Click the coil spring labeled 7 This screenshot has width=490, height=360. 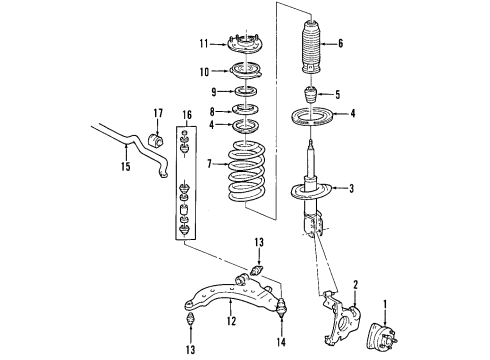[x=246, y=172]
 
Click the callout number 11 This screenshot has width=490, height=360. [x=204, y=44]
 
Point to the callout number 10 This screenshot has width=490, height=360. [x=204, y=71]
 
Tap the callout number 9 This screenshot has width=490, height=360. [x=212, y=91]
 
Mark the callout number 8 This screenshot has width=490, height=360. [x=212, y=111]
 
